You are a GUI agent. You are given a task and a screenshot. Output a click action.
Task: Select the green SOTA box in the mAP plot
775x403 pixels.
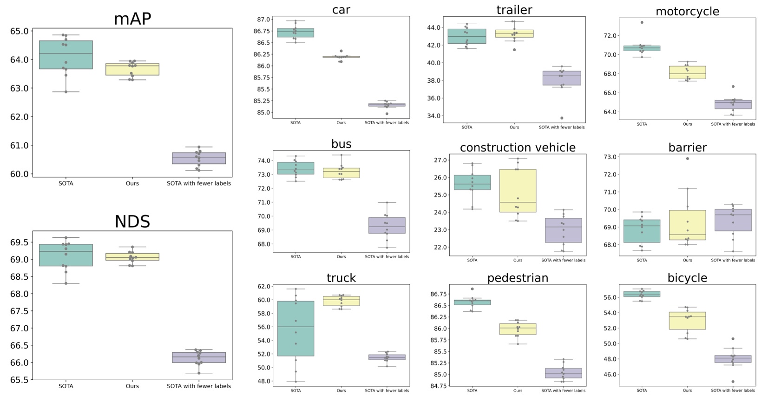pyautogui.click(x=66, y=55)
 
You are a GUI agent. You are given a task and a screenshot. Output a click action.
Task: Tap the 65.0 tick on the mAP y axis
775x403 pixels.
pyautogui.click(x=20, y=31)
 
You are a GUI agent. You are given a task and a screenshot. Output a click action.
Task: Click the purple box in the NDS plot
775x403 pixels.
pyautogui.click(x=199, y=357)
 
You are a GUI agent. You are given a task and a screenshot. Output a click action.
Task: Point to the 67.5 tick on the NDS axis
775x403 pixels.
pyautogui.click(x=20, y=311)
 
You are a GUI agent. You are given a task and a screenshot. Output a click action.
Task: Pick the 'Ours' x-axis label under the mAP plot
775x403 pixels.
pyautogui.click(x=132, y=183)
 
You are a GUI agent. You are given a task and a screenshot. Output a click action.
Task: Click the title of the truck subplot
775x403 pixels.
pyautogui.click(x=341, y=278)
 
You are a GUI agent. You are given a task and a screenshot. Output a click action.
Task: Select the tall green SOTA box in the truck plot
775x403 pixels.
pyautogui.click(x=296, y=329)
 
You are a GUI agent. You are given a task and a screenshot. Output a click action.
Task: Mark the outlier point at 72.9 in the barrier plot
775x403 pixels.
pyautogui.click(x=688, y=159)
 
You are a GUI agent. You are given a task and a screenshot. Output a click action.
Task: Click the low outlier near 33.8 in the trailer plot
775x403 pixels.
pyautogui.click(x=562, y=118)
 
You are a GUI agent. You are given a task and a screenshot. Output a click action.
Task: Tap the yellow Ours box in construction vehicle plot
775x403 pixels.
pyautogui.click(x=518, y=191)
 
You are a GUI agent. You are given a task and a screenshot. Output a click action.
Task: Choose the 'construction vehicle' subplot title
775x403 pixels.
pyautogui.click(x=518, y=148)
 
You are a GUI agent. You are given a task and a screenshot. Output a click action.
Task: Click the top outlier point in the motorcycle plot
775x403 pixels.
pyautogui.click(x=642, y=22)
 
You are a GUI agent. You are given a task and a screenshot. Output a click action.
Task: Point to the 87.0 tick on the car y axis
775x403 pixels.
pyautogui.click(x=263, y=20)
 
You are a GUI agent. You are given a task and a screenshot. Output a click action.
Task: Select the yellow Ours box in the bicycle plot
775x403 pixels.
pyautogui.click(x=687, y=321)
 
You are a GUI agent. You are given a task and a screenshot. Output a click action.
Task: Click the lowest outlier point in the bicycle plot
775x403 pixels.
pyautogui.click(x=733, y=382)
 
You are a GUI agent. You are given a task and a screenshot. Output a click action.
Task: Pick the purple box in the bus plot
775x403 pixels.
pyautogui.click(x=387, y=225)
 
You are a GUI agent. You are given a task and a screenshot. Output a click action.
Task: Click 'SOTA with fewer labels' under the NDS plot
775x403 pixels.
pyautogui.click(x=199, y=386)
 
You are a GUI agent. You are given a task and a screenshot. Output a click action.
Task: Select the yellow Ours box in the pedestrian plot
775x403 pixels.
pyautogui.click(x=518, y=329)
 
